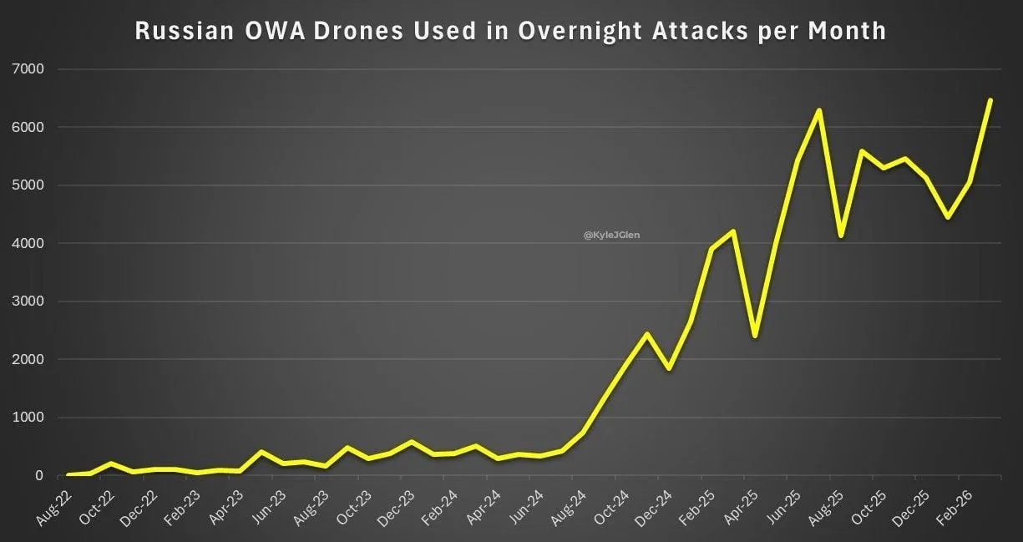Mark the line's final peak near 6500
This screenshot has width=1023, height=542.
[990, 100]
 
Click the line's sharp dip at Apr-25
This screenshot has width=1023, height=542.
[754, 336]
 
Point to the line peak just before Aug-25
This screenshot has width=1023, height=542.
[819, 110]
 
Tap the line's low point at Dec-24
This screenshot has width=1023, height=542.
[668, 368]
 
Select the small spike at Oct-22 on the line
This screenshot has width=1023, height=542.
[111, 463]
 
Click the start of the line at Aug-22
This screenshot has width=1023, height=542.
[68, 474]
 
